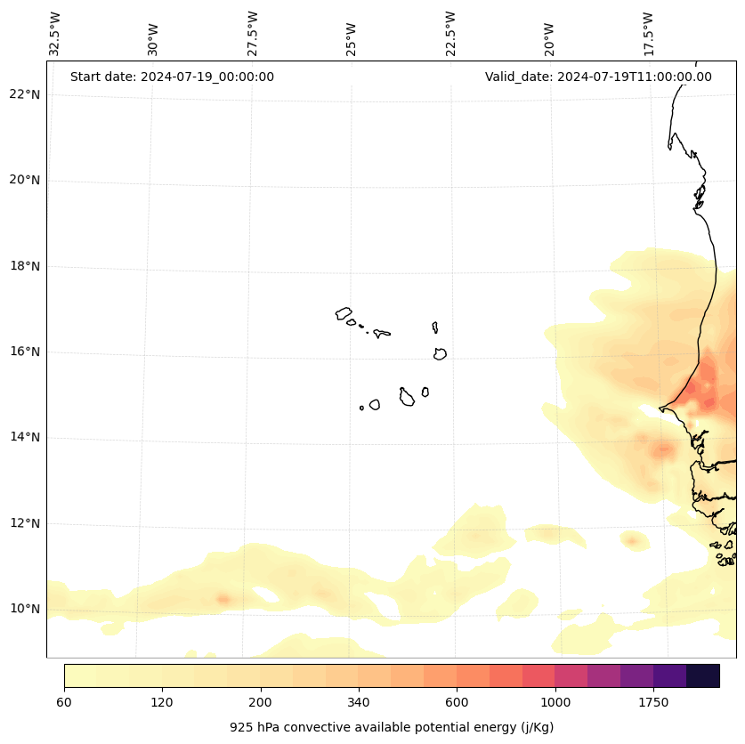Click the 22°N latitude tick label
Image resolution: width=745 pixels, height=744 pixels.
point(25,94)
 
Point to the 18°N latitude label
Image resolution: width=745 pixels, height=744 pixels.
point(25,266)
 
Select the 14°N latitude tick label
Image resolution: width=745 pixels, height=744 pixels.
point(25,437)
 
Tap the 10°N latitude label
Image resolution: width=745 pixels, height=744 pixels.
point(25,609)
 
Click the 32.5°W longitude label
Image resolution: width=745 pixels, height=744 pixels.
point(55,34)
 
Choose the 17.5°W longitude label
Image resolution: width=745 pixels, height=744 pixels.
point(649,34)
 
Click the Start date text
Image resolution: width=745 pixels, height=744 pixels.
point(172,77)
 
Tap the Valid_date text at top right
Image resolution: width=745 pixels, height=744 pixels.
point(598,77)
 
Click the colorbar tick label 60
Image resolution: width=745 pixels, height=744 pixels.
point(64,703)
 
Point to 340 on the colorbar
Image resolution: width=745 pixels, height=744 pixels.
point(359,703)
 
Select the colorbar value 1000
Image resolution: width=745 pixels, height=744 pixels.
point(555,703)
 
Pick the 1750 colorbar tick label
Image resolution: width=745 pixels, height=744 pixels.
point(653,703)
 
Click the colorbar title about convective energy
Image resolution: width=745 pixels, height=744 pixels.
point(392,727)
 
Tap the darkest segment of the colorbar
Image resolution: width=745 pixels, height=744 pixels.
point(702,675)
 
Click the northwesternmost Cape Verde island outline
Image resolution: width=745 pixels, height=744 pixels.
point(344,313)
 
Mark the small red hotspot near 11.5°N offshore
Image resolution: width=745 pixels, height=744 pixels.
point(633,540)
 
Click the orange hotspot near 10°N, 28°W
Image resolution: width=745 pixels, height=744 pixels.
point(223,599)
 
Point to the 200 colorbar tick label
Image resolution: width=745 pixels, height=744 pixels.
point(261,703)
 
